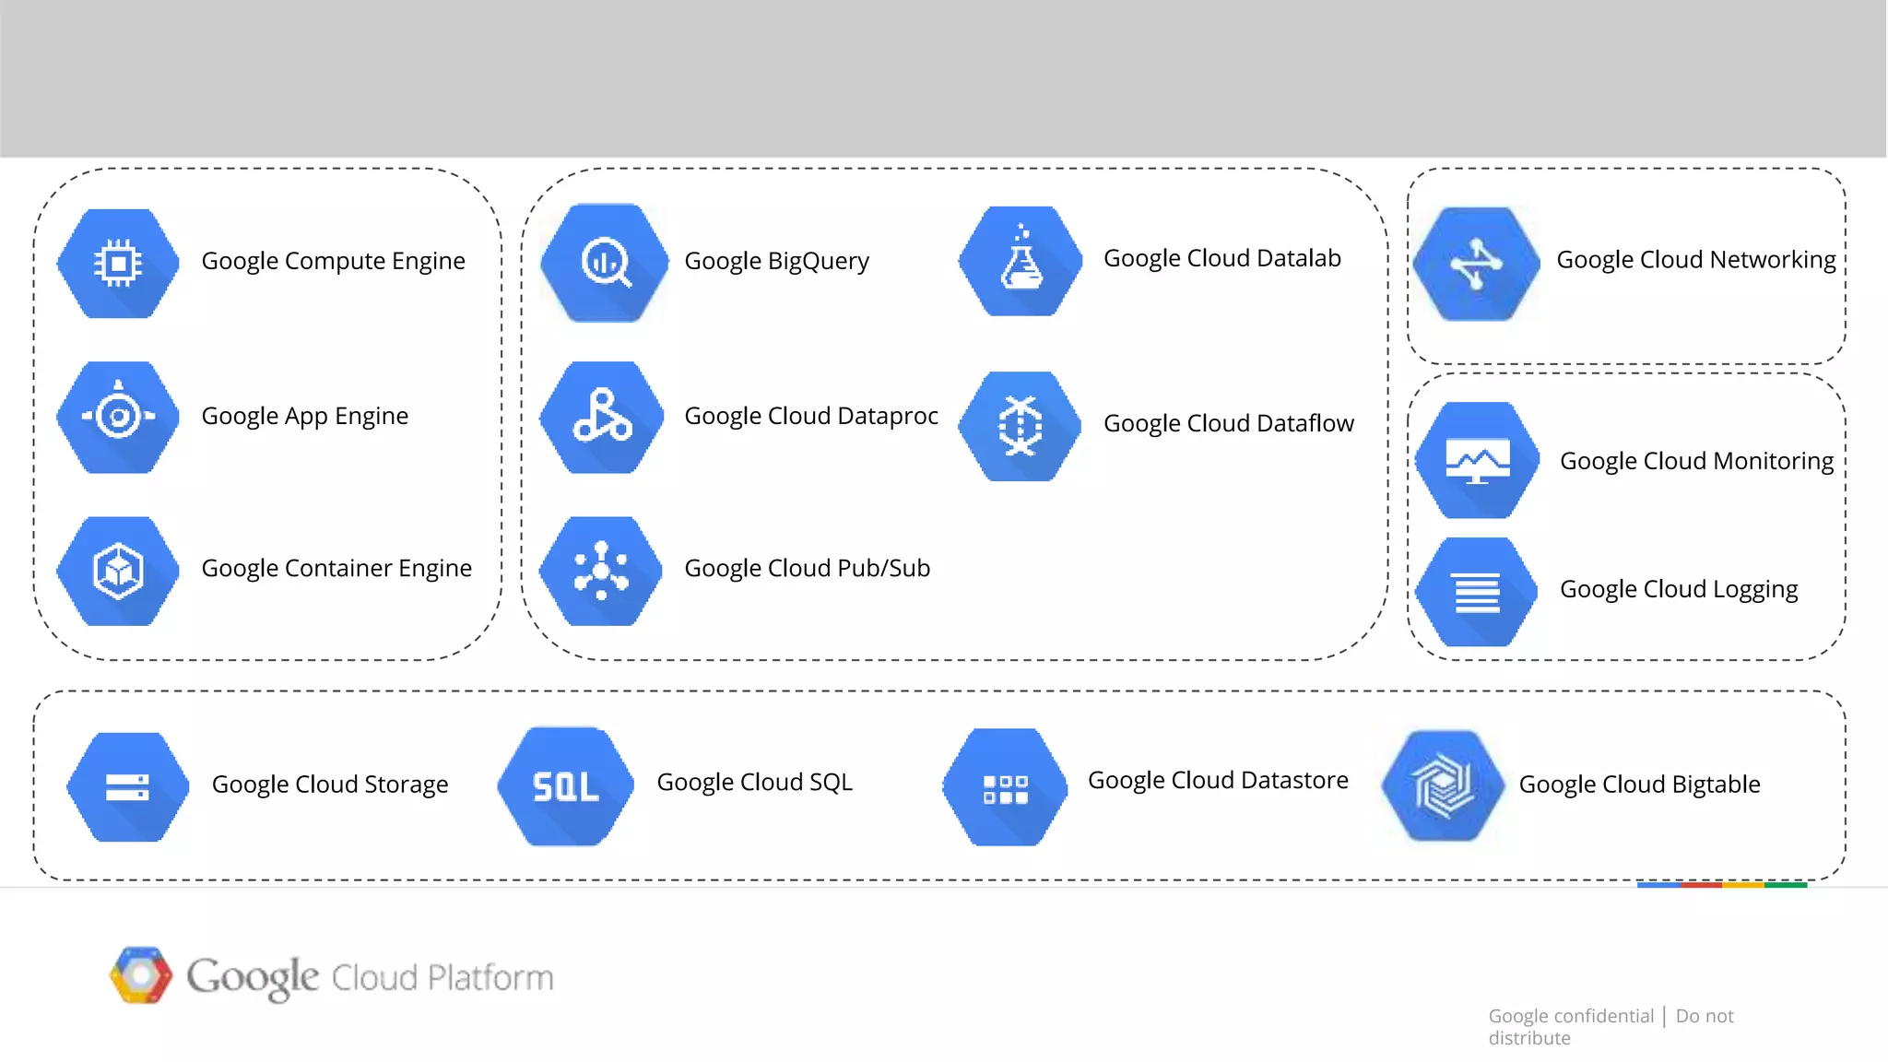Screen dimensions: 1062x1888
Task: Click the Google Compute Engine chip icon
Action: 118,264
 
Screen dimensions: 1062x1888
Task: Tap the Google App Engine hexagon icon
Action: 118,418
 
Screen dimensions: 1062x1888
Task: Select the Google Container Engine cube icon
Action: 118,571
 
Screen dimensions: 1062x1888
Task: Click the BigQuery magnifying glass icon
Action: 605,264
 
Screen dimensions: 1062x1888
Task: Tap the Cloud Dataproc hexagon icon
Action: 602,418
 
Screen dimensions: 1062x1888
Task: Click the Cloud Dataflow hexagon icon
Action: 1021,426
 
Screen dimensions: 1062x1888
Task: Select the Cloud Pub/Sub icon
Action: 601,571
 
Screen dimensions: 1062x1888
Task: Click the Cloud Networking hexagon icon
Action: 1477,264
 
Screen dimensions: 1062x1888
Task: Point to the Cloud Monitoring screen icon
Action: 1478,459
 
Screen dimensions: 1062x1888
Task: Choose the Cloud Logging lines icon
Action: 1477,592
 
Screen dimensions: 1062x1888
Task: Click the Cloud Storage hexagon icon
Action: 128,786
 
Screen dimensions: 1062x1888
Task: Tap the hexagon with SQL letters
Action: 565,786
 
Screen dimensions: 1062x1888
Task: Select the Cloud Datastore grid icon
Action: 1005,788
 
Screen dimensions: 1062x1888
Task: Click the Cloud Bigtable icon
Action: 1444,786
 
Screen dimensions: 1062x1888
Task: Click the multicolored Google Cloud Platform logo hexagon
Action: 141,975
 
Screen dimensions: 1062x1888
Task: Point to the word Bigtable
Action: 1716,785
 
